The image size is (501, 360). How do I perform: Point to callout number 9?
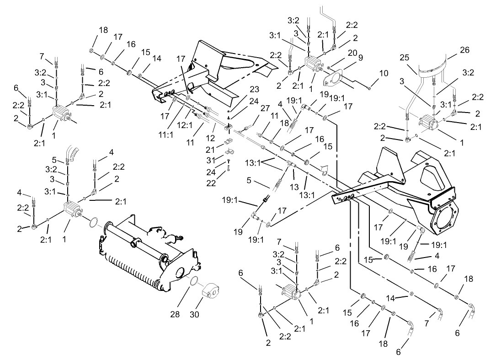pyautogui.click(x=360, y=58)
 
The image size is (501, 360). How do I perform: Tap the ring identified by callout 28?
pyautogui.click(x=193, y=280)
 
